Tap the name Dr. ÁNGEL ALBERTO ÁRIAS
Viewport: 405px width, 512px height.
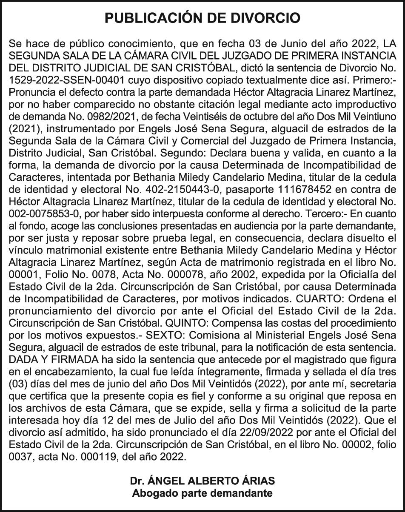[202, 481]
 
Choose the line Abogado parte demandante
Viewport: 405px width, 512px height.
[202, 493]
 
